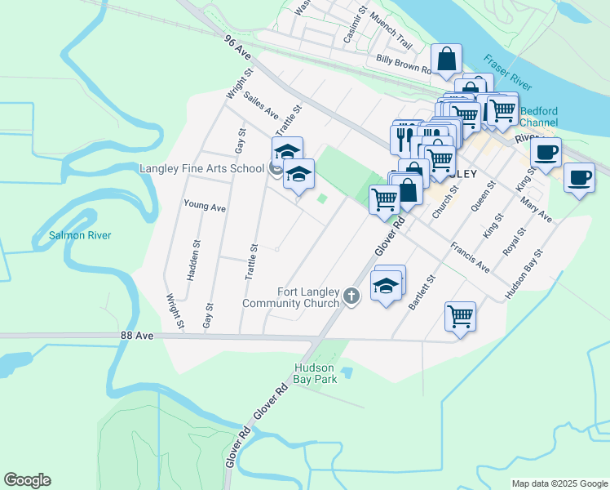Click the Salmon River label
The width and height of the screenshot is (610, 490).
point(79,235)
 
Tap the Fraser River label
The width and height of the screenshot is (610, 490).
point(506,73)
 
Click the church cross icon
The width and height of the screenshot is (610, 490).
point(351,296)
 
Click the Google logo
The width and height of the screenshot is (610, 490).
point(27,479)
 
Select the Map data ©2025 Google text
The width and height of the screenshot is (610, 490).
point(559,483)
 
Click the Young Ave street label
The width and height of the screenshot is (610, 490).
point(205,207)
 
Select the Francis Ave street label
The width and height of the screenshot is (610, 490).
point(471,256)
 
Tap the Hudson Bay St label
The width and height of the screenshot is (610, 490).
point(524,274)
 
